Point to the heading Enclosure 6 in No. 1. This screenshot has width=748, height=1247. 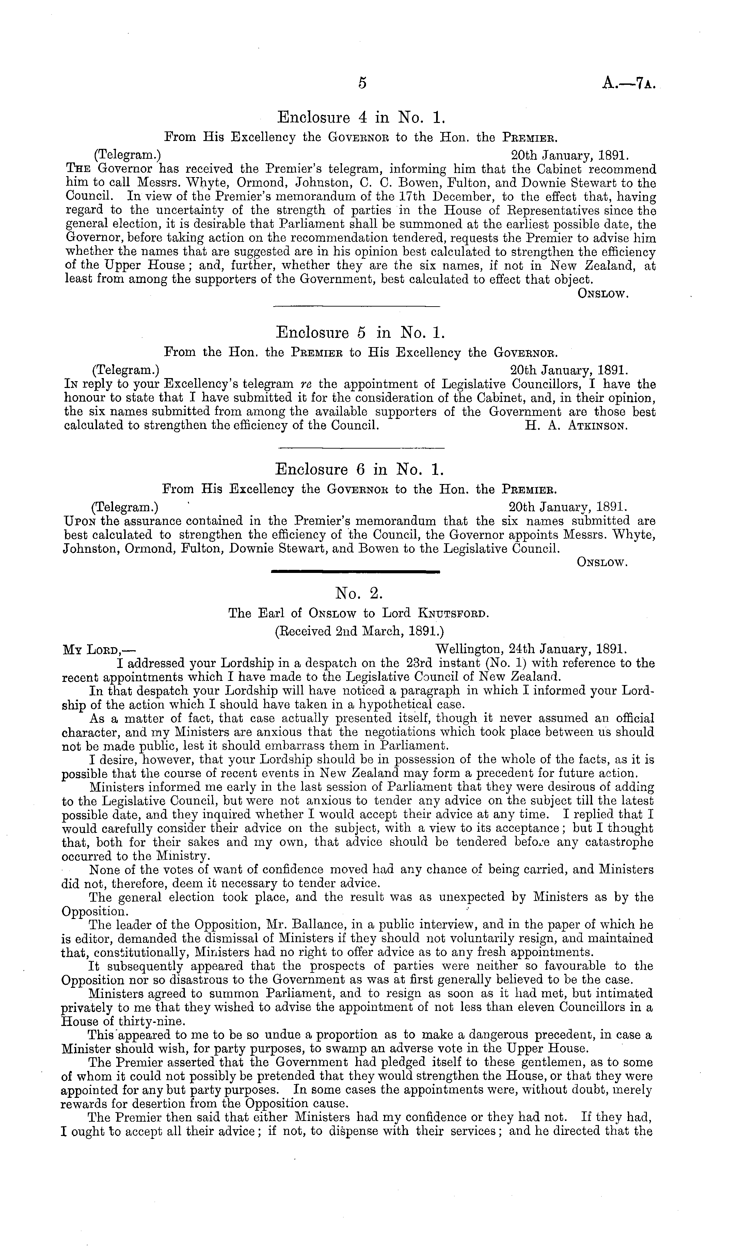[x=360, y=470]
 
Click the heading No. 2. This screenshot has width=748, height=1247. [x=360, y=593]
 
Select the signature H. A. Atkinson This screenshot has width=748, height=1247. [x=576, y=425]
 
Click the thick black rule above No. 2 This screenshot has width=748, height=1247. [x=355, y=571]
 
